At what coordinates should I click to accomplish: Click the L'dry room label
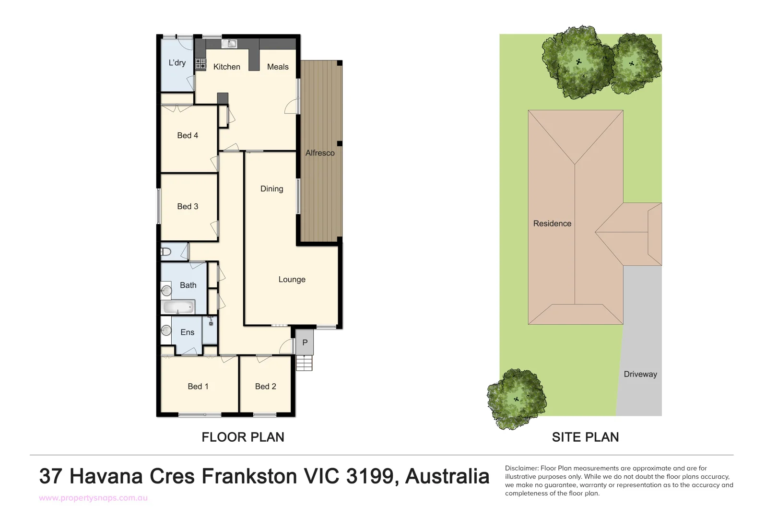pos(177,63)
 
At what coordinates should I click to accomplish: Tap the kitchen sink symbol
pos(230,44)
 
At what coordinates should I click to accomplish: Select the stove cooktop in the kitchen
pos(200,64)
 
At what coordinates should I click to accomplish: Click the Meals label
pos(278,67)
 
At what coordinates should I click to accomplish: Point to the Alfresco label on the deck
pos(320,153)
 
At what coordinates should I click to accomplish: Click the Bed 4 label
pos(188,136)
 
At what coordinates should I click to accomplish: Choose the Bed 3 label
pos(188,207)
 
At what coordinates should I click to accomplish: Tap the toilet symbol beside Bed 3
pos(166,252)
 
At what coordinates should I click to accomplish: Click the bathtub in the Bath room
pos(178,306)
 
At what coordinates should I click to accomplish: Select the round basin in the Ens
pos(166,330)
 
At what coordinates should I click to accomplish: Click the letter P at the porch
pos(305,343)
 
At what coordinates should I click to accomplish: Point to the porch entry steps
pos(304,363)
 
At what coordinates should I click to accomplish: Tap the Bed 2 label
pos(265,387)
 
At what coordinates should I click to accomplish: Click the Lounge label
pos(292,280)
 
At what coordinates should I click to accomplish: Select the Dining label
pos(271,189)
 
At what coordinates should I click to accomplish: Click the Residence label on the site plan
pos(552,224)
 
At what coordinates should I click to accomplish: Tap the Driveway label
pos(640,374)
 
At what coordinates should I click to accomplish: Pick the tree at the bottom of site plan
pos(516,399)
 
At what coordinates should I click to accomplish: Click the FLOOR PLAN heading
pos(243,437)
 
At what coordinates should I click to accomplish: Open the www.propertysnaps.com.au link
pos(93,498)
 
